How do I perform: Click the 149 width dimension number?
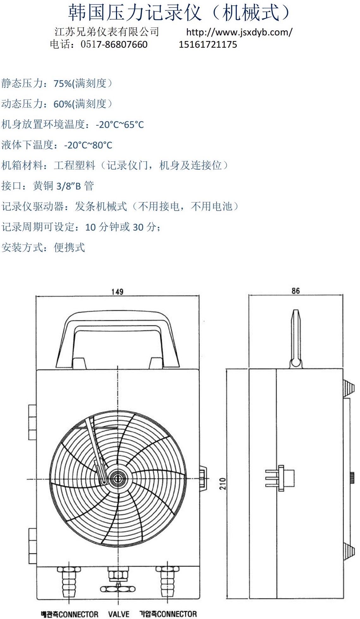coord(117,291)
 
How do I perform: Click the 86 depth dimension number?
coord(296,291)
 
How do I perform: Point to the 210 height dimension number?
coord(223,484)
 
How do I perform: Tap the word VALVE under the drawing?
coord(119,614)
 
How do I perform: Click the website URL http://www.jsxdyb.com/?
coord(239,32)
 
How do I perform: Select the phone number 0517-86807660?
coord(114,44)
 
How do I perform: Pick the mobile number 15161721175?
coord(208,44)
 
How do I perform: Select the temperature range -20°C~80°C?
coord(88,145)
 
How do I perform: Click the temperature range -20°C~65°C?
coord(120,125)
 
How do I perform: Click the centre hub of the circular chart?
coord(118,479)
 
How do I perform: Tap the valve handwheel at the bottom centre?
coord(118,589)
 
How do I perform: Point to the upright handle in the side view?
coord(296,338)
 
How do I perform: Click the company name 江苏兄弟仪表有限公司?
coord(107,32)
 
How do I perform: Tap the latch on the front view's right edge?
coord(203,479)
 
